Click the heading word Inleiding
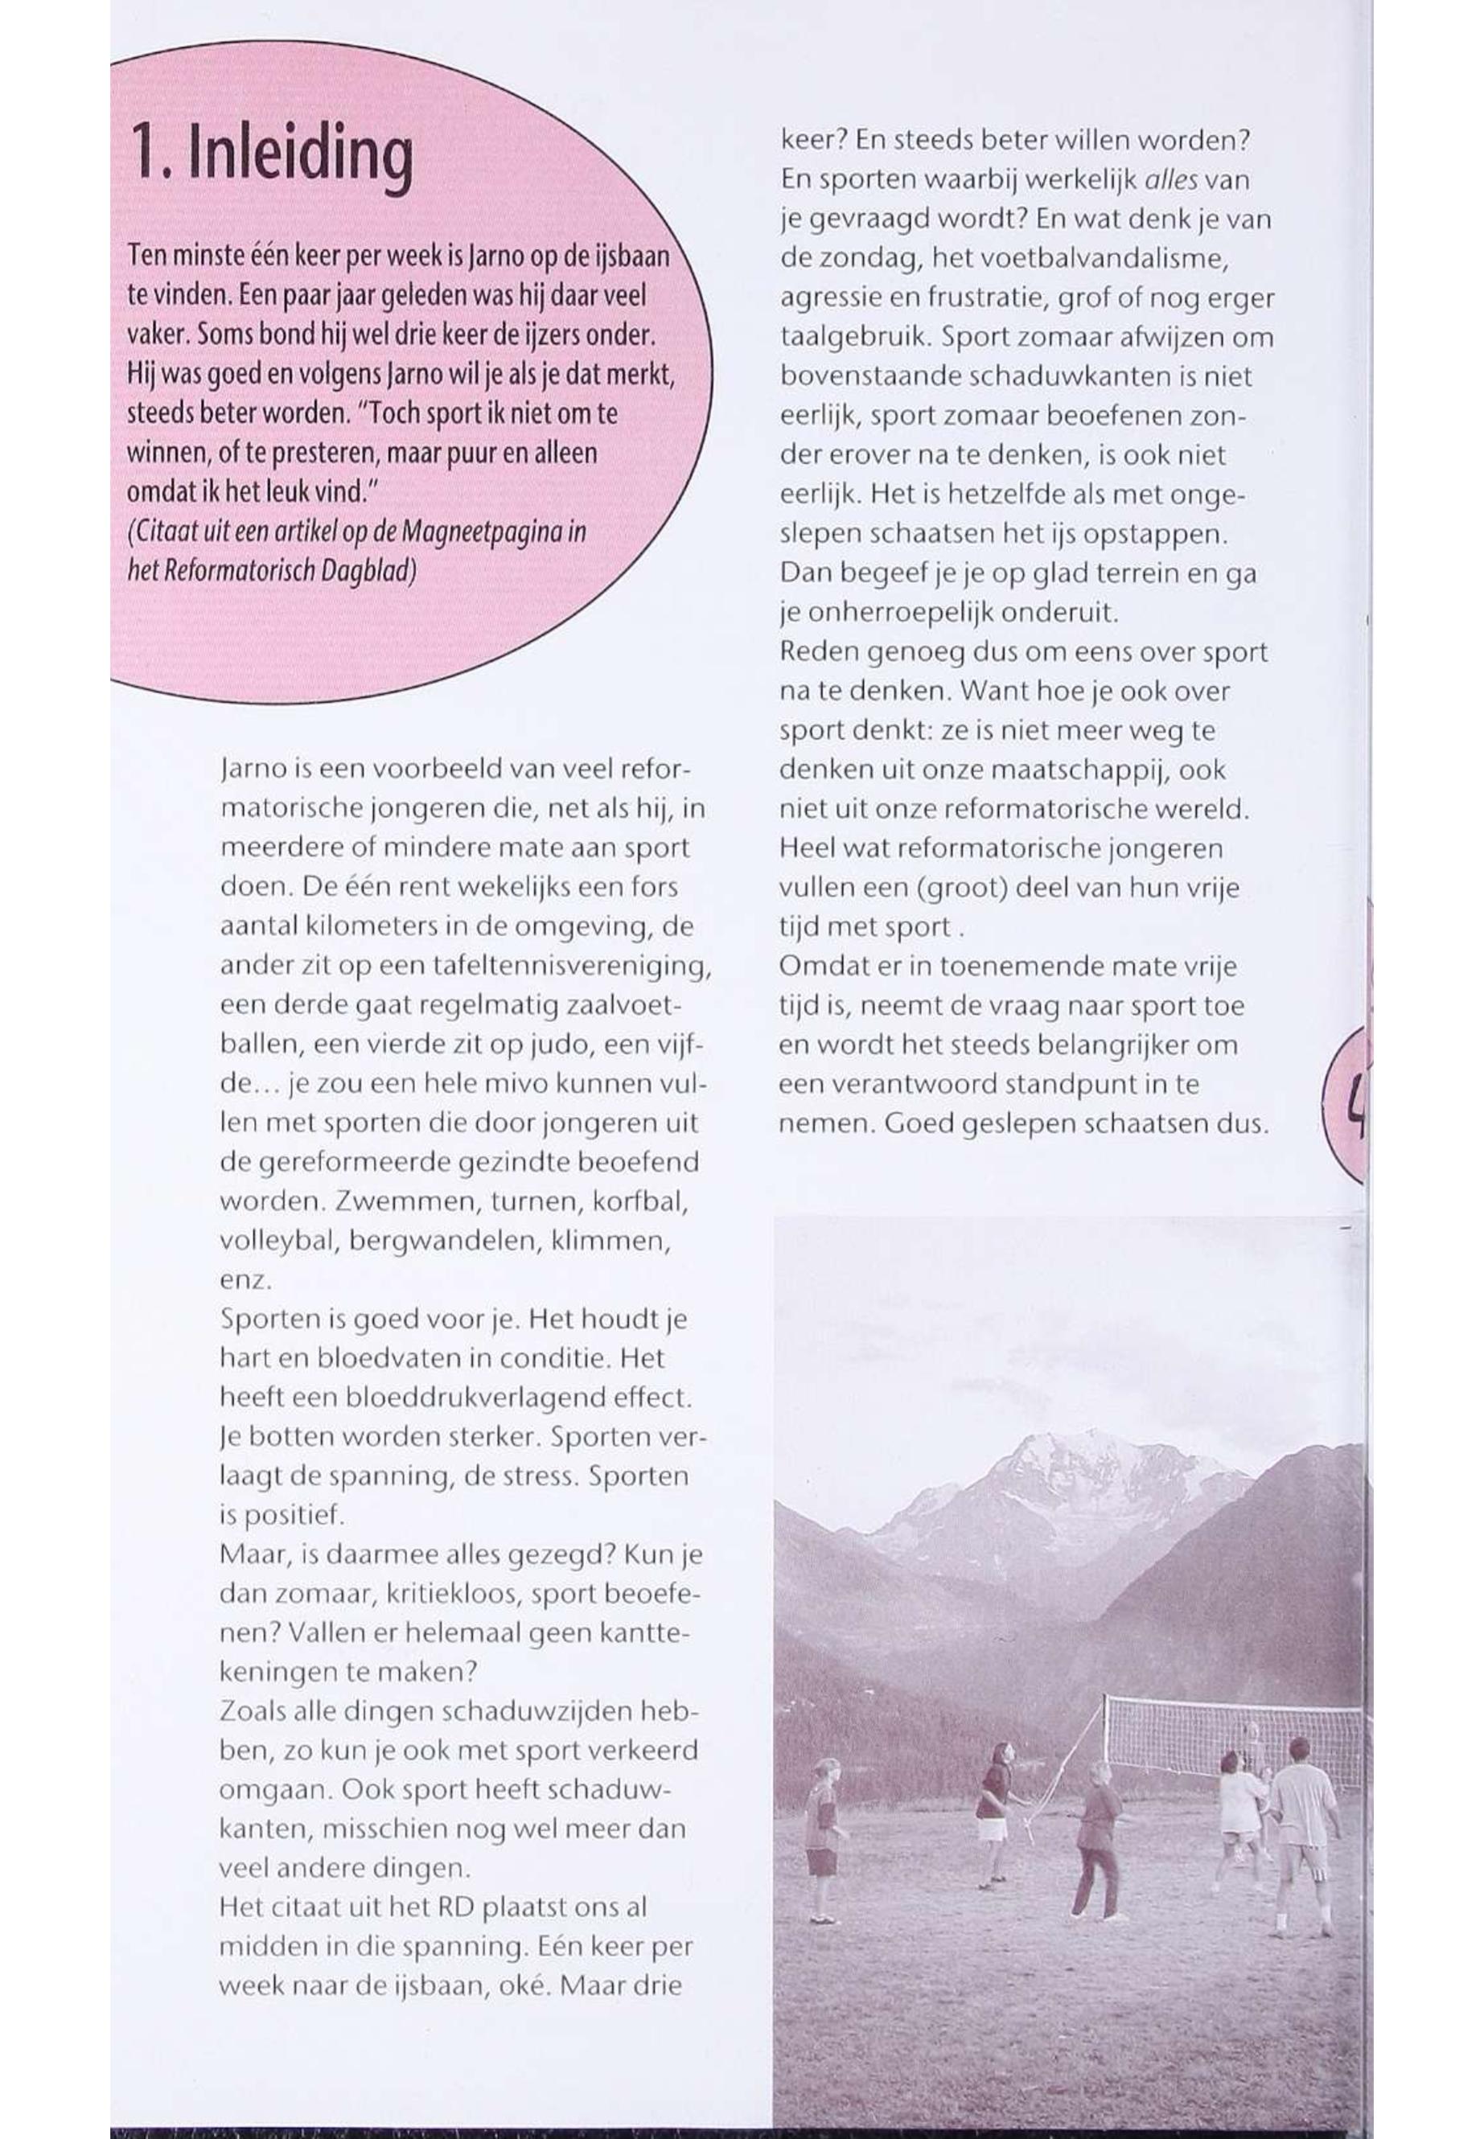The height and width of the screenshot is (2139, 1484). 299,155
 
